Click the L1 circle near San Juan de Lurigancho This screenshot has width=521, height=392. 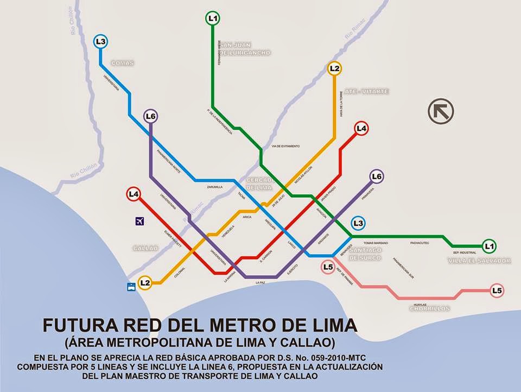213,18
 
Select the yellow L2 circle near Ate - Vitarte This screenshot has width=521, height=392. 334,68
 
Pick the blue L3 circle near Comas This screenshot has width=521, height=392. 100,41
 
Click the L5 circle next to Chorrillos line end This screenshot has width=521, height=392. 497,290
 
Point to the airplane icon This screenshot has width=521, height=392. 140,221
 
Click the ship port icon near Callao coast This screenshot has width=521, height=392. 131,287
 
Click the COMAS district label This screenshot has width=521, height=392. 122,63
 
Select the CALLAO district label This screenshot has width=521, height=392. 145,248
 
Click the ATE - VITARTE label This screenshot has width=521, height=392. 366,91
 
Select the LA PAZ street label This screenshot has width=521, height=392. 262,283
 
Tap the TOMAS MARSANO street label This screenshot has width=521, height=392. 376,243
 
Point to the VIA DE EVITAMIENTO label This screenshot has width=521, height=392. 285,147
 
